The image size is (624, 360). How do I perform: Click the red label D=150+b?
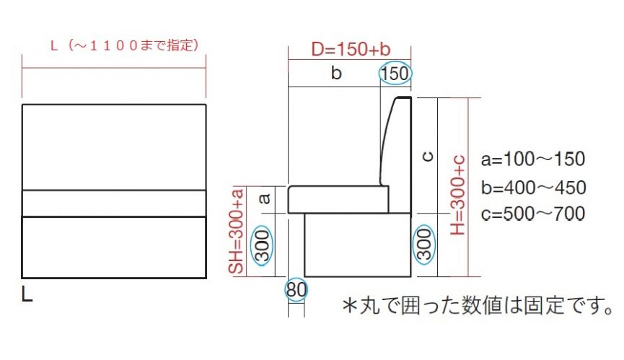pos(351,49)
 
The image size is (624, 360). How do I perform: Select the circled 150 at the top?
pos(395,74)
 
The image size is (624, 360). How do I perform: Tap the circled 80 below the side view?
pos(296,289)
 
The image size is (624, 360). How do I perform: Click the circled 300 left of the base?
pos(262,246)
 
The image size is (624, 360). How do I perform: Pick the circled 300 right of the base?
pos(425,244)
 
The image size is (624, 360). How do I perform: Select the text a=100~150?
pos(533,159)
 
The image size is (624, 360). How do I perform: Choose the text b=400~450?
pos(533,188)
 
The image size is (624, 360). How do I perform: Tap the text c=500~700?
pos(533,214)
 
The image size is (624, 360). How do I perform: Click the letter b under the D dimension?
pos(336,73)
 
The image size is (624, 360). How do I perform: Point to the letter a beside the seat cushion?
pos(264,198)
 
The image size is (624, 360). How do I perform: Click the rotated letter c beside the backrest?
pos(427,157)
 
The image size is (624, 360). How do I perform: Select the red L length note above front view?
pos(125,45)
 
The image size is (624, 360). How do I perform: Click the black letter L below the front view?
pos(27,294)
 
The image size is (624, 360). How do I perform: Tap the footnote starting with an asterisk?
pos(477,305)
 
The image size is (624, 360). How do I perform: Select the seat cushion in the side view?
pos(338,199)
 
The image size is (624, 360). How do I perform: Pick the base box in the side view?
pos(358,245)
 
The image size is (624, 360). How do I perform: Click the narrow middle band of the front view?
pos(114,203)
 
